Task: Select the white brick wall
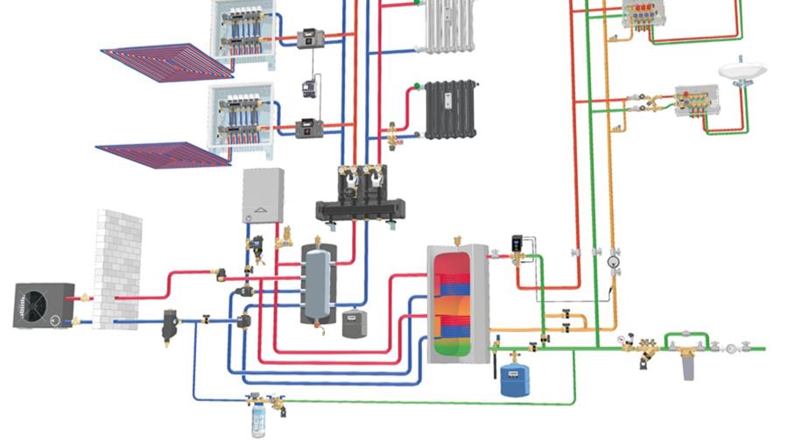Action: (x=117, y=268)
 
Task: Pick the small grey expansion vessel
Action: (x=353, y=322)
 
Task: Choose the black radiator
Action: (x=451, y=109)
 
